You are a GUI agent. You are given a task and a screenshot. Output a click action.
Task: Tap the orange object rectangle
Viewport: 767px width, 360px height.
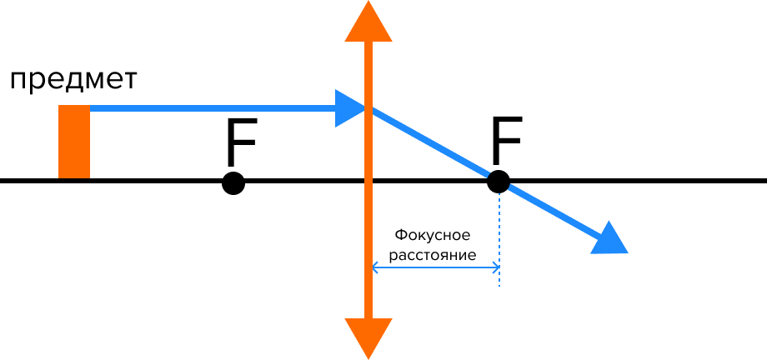pyautogui.click(x=74, y=142)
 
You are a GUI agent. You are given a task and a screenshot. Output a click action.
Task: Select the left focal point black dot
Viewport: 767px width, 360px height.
pyautogui.click(x=233, y=183)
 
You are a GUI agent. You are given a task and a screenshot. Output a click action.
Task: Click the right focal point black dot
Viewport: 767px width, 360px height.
pyautogui.click(x=499, y=182)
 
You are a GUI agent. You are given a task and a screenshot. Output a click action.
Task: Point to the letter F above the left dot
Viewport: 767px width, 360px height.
pyautogui.click(x=242, y=142)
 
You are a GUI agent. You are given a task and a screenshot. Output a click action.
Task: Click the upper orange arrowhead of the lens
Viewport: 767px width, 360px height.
pyautogui.click(x=368, y=22)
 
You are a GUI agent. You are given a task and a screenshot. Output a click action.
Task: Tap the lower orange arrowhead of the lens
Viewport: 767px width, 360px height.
pyautogui.click(x=368, y=338)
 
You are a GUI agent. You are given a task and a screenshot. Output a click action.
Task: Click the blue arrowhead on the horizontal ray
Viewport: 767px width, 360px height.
pyautogui.click(x=350, y=108)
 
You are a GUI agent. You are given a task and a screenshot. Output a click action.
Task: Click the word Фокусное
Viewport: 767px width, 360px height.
pyautogui.click(x=433, y=235)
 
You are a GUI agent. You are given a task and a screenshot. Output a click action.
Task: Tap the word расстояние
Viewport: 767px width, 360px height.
pyautogui.click(x=433, y=256)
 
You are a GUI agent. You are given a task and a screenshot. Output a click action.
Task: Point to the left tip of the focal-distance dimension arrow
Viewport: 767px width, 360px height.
pyautogui.click(x=373, y=267)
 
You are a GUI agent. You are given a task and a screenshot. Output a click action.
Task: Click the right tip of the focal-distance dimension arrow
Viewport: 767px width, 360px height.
pyautogui.click(x=499, y=267)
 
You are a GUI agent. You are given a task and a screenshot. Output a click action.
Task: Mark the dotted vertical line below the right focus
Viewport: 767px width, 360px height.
pyautogui.click(x=499, y=240)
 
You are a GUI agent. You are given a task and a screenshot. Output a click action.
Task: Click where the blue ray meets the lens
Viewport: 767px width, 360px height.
pyautogui.click(x=368, y=108)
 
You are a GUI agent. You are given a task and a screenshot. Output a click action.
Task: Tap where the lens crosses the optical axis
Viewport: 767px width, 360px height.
pyautogui.click(x=368, y=182)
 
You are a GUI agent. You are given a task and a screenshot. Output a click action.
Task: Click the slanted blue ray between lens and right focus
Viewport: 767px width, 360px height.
pyautogui.click(x=433, y=144)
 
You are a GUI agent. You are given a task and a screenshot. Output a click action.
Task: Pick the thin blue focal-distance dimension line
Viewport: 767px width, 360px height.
pyautogui.click(x=436, y=267)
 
